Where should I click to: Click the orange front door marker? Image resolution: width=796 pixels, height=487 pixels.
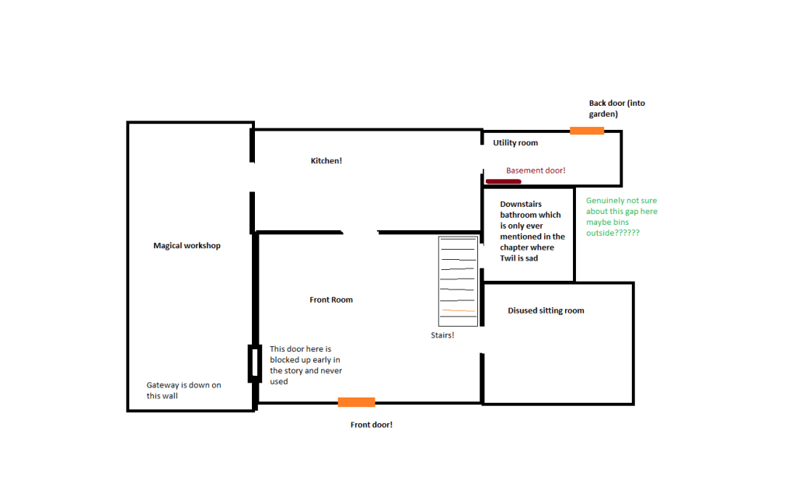(x=356, y=402)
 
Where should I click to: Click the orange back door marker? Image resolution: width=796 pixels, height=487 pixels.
(x=587, y=131)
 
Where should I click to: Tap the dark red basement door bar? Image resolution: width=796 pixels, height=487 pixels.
(x=503, y=181)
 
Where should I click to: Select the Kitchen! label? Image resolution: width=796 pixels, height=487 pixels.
(x=326, y=160)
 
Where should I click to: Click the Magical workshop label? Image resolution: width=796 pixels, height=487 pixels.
(x=187, y=245)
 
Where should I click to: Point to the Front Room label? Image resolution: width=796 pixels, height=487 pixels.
(x=331, y=300)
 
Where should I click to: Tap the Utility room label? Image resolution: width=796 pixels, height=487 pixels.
(x=515, y=142)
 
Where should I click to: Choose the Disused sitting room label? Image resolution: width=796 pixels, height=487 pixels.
(x=546, y=310)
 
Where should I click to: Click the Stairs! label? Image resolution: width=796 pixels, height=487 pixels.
(x=442, y=335)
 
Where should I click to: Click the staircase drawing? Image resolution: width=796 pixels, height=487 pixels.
(x=458, y=281)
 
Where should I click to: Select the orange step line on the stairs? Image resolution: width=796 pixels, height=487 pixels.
(x=459, y=310)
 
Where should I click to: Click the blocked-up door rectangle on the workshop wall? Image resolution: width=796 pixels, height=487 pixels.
(x=255, y=363)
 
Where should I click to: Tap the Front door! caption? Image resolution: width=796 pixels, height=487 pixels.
(x=371, y=425)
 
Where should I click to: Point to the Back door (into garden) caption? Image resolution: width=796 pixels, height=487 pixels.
(x=616, y=108)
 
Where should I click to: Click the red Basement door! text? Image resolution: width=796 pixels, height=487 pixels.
(x=536, y=170)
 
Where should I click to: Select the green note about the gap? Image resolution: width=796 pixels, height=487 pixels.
(x=621, y=217)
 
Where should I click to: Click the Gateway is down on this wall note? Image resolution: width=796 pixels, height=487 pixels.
(x=183, y=391)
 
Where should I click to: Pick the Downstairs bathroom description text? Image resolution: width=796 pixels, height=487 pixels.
(x=532, y=231)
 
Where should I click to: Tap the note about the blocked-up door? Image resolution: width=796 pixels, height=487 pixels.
(x=305, y=365)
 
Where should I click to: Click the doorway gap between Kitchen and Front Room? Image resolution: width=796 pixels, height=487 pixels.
(x=361, y=233)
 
